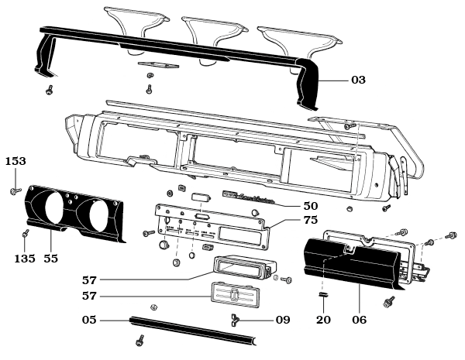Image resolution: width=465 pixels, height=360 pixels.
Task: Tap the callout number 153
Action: [16, 161]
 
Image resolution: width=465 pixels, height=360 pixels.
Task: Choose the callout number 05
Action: [91, 318]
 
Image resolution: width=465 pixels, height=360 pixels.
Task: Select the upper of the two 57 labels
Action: [91, 278]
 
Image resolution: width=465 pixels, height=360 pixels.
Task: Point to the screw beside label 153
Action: [15, 188]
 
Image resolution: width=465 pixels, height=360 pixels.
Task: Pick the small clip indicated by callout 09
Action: [233, 318]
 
